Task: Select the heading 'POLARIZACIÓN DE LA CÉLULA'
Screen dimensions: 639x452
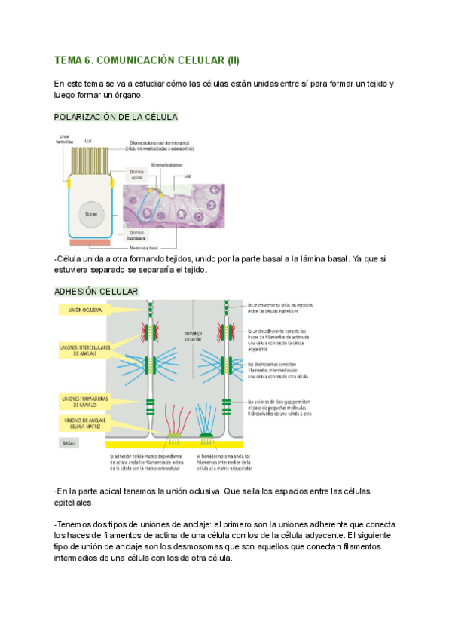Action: click(x=116, y=118)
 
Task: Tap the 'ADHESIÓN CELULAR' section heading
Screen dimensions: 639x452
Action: click(x=96, y=291)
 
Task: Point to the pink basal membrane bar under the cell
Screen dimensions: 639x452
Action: click(x=90, y=243)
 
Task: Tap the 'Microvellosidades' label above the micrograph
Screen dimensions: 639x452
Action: click(x=166, y=164)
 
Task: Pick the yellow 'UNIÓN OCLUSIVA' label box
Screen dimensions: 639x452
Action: click(x=81, y=309)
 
